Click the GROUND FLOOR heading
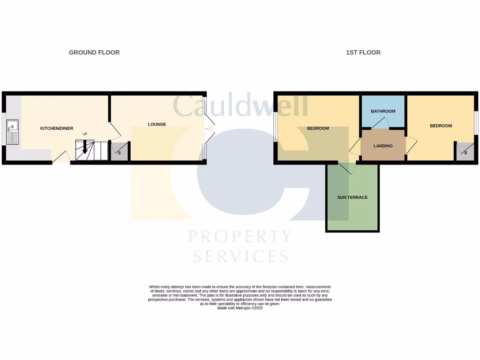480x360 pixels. (x=94, y=52)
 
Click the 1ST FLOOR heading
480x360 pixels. (x=363, y=52)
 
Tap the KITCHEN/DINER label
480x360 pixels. (x=57, y=128)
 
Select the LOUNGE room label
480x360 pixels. (x=157, y=124)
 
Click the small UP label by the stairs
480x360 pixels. (x=85, y=134)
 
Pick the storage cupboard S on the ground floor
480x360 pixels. (x=119, y=153)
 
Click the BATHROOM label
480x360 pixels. (x=383, y=112)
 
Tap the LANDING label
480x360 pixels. (x=383, y=146)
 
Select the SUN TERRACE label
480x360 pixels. (x=352, y=197)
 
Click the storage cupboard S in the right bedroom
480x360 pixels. (x=465, y=153)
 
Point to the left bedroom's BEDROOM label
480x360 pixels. (x=318, y=128)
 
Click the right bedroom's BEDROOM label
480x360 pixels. (x=441, y=126)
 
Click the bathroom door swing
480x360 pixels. (x=381, y=123)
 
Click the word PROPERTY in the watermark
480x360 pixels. (x=240, y=236)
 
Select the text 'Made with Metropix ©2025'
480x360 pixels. (x=240, y=308)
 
